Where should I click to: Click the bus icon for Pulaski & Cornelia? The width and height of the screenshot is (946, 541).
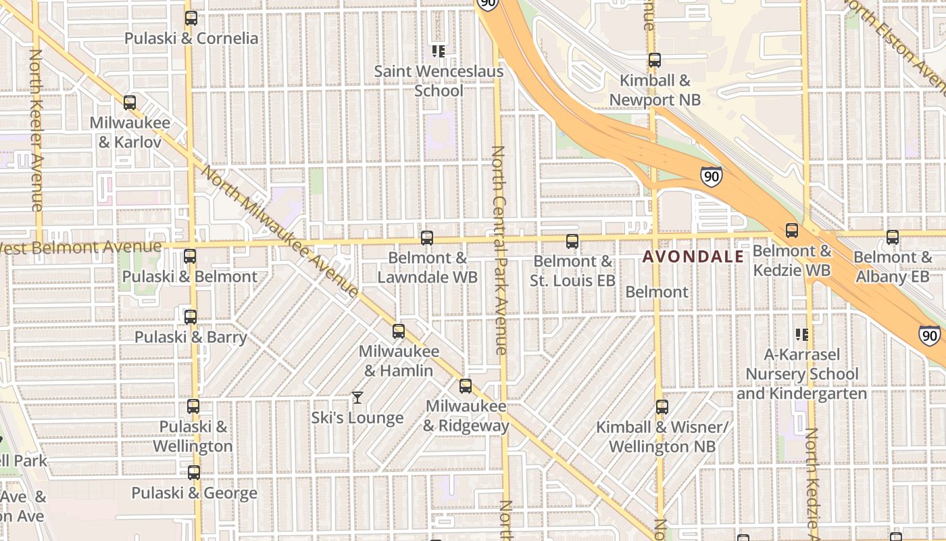click(x=191, y=18)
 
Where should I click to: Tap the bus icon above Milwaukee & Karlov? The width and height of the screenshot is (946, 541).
click(x=130, y=103)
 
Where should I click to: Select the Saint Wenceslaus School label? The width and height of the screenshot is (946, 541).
click(x=439, y=80)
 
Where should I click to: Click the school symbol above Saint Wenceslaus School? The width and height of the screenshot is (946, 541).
click(x=439, y=51)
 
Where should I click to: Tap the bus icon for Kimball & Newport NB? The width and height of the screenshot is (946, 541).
click(x=654, y=60)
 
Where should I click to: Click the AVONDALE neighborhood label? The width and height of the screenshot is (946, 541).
click(x=693, y=257)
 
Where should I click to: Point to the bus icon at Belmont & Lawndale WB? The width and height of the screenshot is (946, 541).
click(x=427, y=238)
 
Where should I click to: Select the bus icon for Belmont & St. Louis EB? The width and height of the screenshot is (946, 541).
click(x=572, y=241)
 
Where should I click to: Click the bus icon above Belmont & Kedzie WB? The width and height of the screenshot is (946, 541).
click(x=792, y=231)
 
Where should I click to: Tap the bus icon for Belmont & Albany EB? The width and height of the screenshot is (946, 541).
click(x=893, y=237)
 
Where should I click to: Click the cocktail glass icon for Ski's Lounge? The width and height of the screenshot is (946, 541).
click(x=357, y=398)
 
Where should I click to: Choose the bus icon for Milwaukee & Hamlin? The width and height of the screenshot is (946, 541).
click(x=399, y=331)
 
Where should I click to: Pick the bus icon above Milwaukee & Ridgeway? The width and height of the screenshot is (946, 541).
click(x=466, y=386)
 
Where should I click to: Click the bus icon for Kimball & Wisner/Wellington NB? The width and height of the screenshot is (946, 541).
click(x=662, y=407)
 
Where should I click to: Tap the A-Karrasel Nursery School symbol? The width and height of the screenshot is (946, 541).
click(x=802, y=334)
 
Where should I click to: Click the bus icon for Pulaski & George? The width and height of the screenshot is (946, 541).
click(x=194, y=473)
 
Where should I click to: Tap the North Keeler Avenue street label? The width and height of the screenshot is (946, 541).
click(x=36, y=128)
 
